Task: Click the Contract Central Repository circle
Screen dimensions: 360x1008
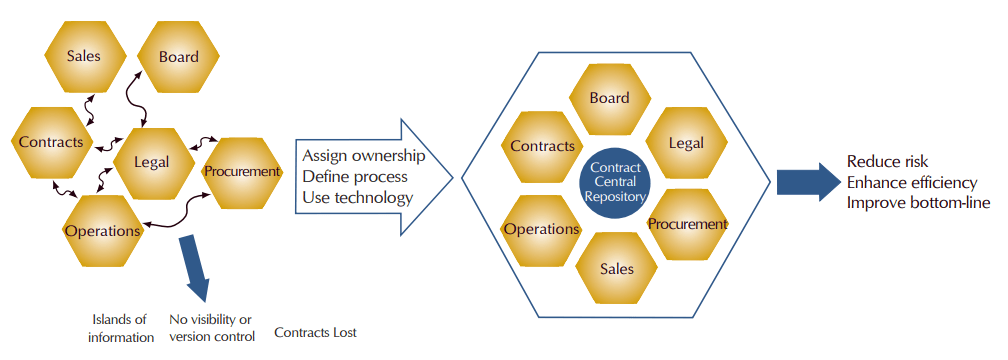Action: point(615,184)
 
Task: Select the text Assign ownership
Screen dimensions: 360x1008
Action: point(363,156)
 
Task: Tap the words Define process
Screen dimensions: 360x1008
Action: point(354,177)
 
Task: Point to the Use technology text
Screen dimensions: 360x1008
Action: point(357,197)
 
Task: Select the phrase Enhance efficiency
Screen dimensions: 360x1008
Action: point(913,182)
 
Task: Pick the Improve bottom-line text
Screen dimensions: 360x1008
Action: point(918,202)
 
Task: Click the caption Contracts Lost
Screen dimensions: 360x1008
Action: point(315,332)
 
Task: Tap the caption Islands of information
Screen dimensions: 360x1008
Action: point(119,328)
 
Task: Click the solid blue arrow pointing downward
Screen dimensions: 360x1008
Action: point(196,267)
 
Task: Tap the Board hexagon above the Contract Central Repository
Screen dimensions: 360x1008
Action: point(609,98)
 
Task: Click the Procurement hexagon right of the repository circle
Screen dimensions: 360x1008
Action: point(687,224)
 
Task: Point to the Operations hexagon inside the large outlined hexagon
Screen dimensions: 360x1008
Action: point(541,229)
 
